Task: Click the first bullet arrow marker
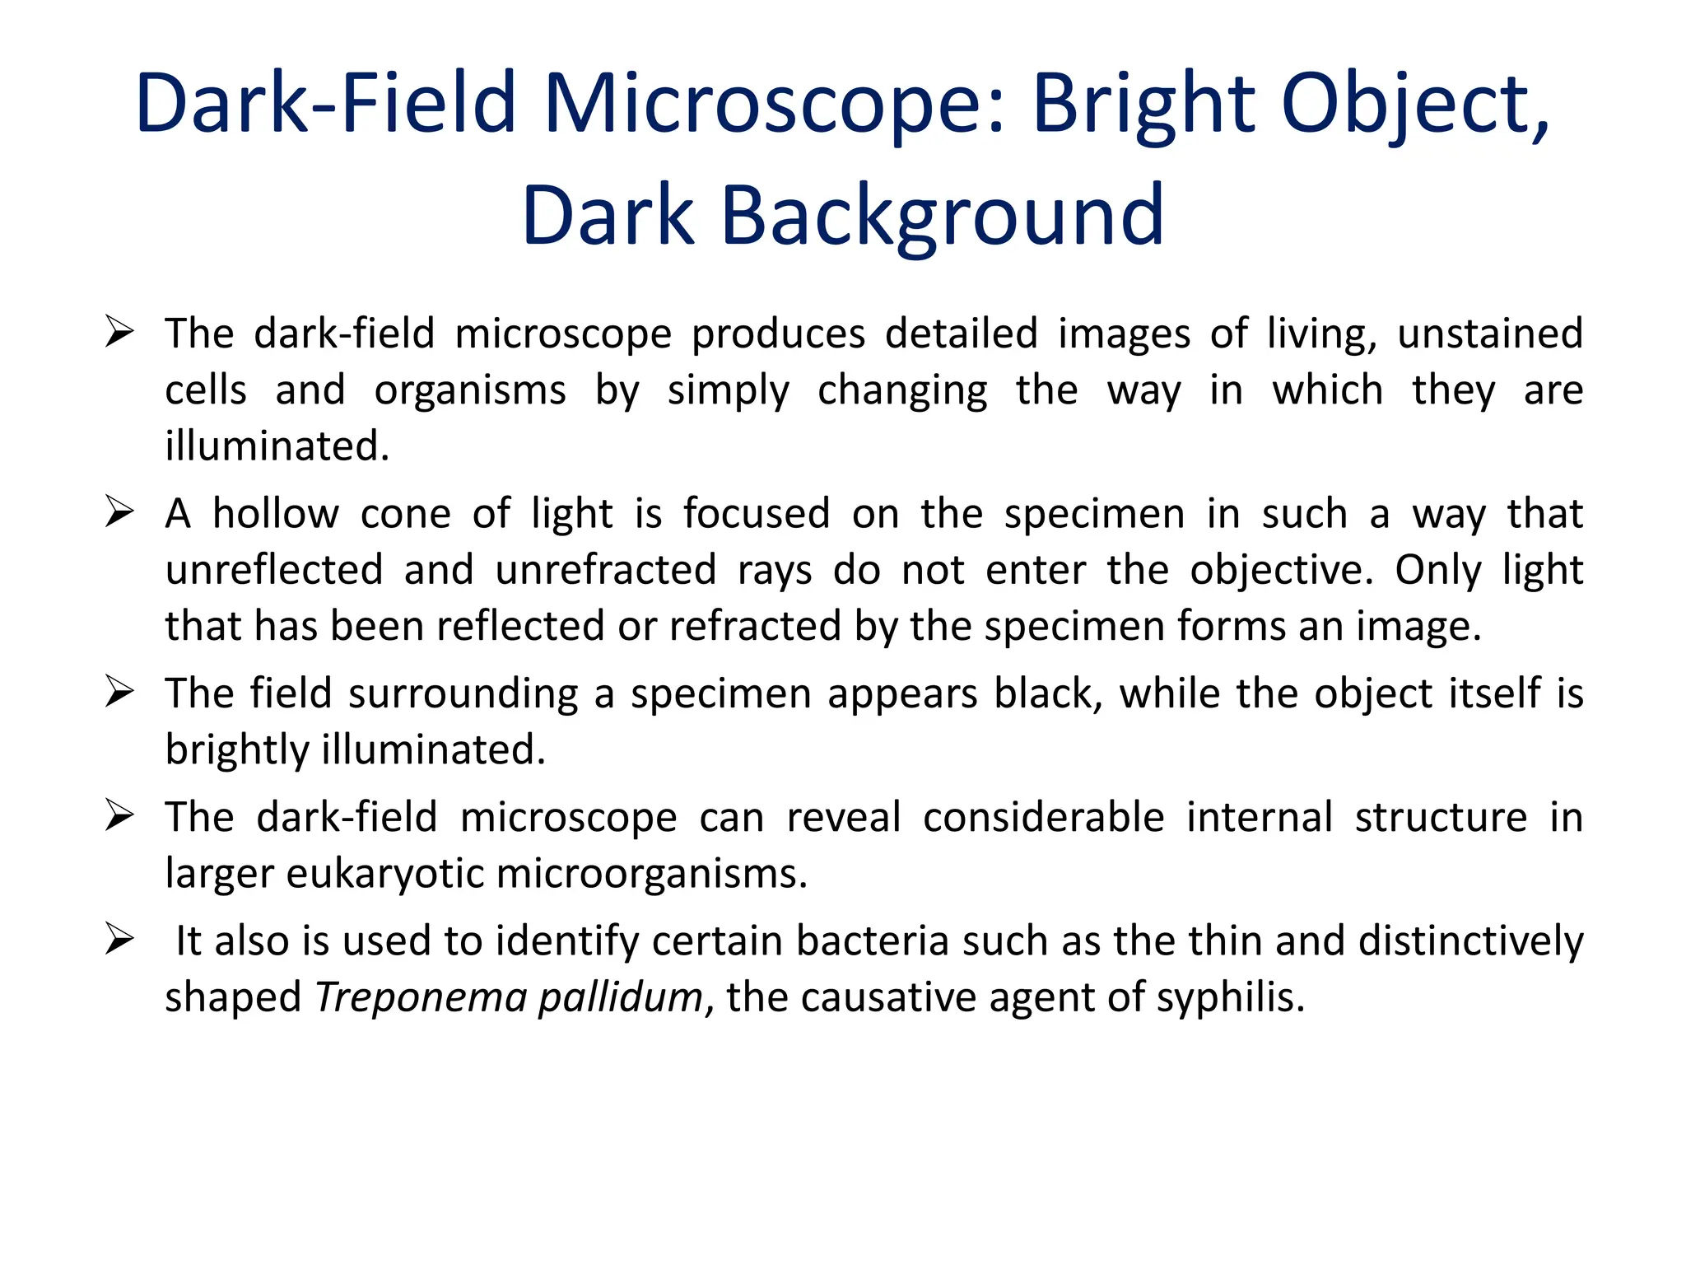120,333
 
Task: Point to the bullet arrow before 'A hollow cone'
120,512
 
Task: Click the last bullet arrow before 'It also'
120,940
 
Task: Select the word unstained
1490,334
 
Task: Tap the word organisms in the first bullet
470,390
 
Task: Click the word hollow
276,514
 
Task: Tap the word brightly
236,751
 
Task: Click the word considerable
1043,818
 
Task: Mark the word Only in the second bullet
1437,570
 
